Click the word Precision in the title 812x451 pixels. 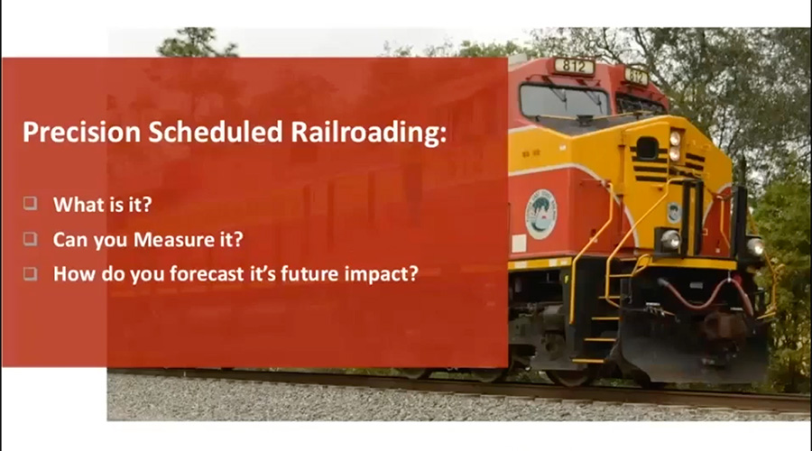[x=81, y=132]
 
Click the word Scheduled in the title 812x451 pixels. [x=216, y=132]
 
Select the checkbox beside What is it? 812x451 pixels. [x=31, y=203]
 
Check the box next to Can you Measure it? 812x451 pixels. [x=31, y=238]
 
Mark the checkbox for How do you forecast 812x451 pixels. [x=31, y=273]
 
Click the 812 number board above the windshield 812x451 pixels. [x=574, y=66]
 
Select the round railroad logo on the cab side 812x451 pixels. [x=540, y=214]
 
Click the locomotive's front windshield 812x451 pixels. [x=563, y=101]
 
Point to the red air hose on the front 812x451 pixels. [x=706, y=296]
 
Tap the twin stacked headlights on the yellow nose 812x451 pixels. [x=674, y=146]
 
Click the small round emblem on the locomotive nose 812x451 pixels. [x=674, y=212]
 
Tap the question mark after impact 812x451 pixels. [x=412, y=273]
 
